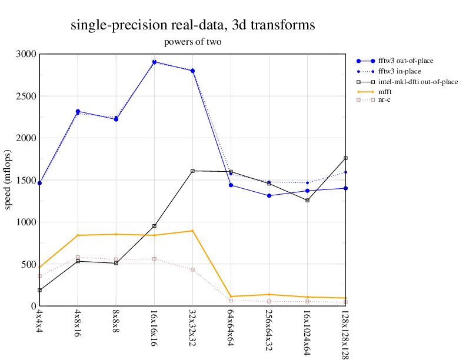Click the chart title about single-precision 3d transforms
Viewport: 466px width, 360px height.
pyautogui.click(x=192, y=25)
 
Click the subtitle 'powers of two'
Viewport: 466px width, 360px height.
pyautogui.click(x=192, y=42)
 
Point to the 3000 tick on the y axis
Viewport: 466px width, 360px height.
pyautogui.click(x=26, y=54)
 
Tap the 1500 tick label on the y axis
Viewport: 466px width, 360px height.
pyautogui.click(x=26, y=180)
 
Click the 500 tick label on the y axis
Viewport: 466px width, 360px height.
pyautogui.click(x=28, y=264)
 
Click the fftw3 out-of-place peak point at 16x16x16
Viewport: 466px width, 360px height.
pyautogui.click(x=154, y=62)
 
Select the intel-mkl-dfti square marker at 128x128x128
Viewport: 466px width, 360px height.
pyautogui.click(x=345, y=158)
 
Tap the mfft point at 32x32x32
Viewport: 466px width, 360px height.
pyautogui.click(x=192, y=231)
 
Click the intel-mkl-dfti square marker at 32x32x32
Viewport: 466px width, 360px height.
pyautogui.click(x=192, y=171)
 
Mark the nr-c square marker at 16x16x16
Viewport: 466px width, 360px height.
pyautogui.click(x=154, y=259)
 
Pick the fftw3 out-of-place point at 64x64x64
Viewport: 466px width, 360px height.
pyautogui.click(x=231, y=185)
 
